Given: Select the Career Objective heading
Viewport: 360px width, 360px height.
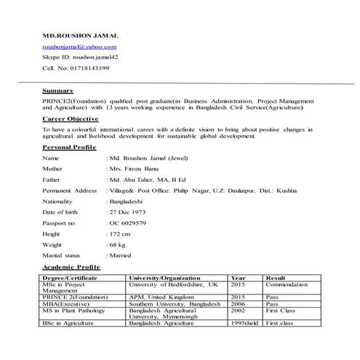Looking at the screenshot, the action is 71,117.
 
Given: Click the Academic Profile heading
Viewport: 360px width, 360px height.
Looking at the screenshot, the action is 71,268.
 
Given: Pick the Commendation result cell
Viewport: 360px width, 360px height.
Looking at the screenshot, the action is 287,285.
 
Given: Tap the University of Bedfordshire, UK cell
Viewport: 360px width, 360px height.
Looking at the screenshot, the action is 172,285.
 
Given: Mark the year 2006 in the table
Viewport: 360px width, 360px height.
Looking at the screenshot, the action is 238,305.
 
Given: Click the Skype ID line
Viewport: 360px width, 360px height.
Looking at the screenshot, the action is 84,57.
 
